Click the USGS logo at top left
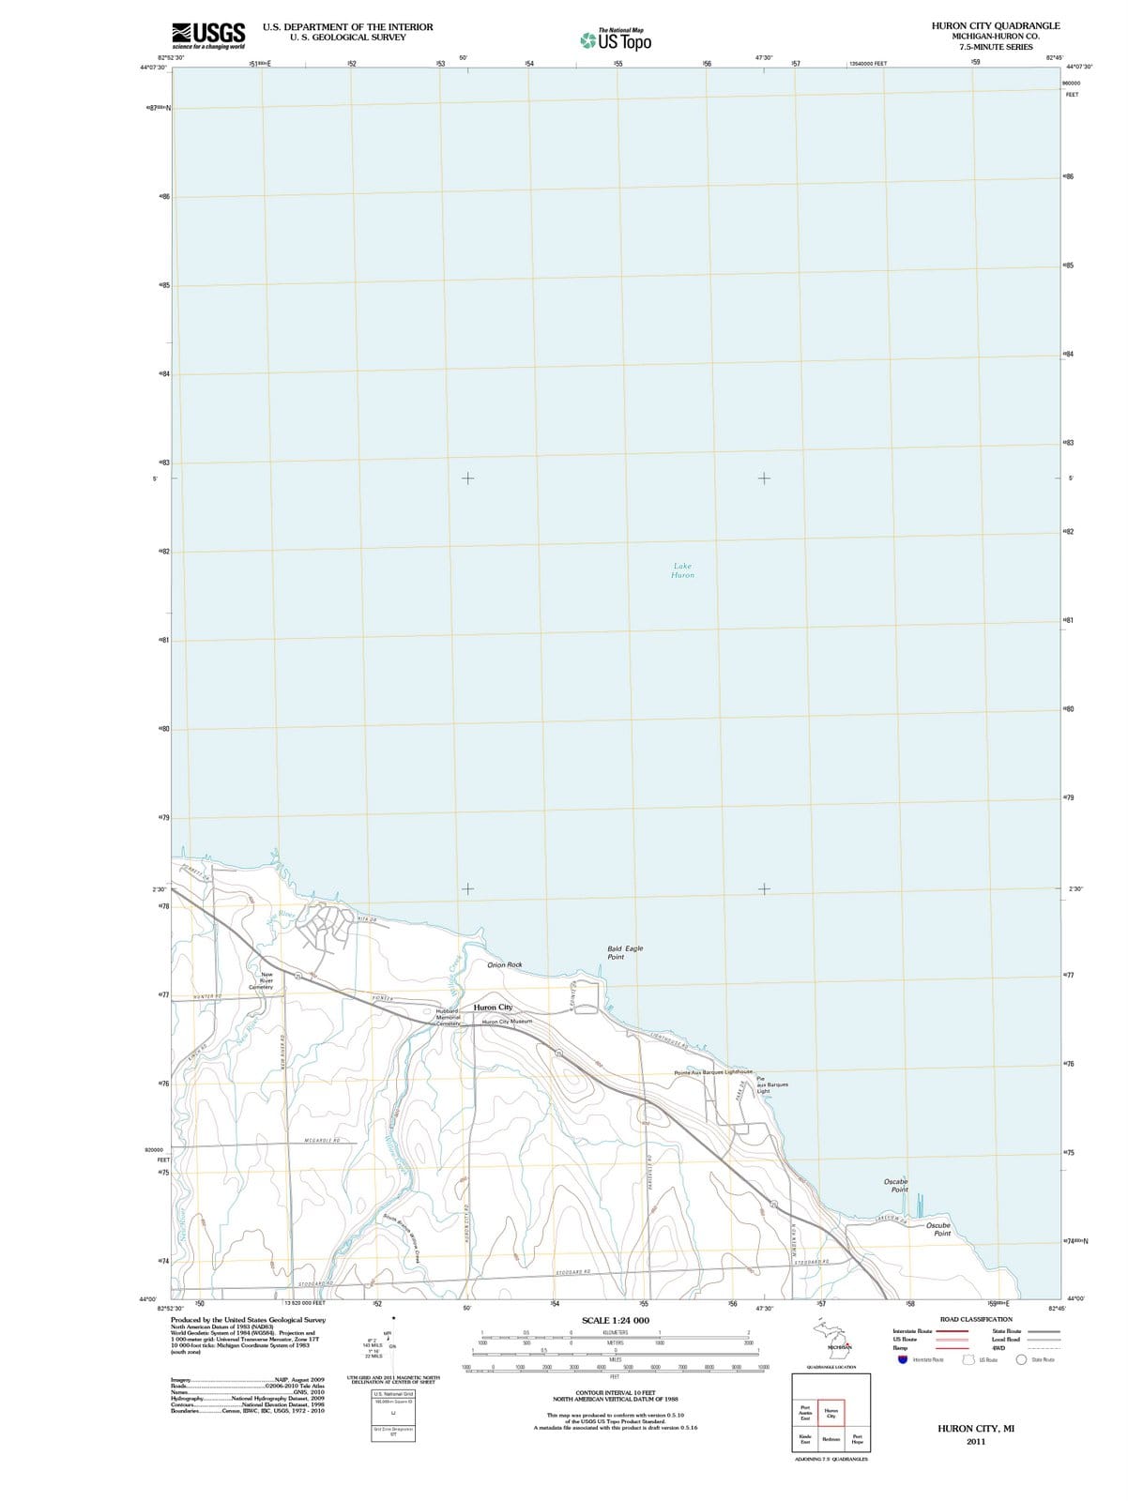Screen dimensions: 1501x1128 [x=208, y=35]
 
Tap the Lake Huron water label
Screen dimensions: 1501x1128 [x=682, y=570]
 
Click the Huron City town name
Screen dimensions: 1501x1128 [x=493, y=1007]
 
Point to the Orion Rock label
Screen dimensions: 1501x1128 [x=505, y=964]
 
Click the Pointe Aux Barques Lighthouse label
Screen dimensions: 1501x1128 [x=713, y=1071]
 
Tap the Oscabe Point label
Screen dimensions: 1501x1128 [x=896, y=1185]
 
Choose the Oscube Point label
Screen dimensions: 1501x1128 [x=938, y=1229]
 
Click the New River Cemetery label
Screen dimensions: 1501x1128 [x=262, y=980]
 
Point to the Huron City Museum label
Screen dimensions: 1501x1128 [x=507, y=1021]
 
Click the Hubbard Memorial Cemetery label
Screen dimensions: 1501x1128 [x=447, y=1017]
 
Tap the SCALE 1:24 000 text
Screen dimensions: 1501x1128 [x=616, y=1320]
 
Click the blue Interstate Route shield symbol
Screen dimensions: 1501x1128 [x=903, y=1359]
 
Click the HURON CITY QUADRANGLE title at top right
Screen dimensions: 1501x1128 [x=996, y=26]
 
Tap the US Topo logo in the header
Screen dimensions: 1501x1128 [x=616, y=40]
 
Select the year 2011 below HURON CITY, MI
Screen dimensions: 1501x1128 [x=976, y=1441]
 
